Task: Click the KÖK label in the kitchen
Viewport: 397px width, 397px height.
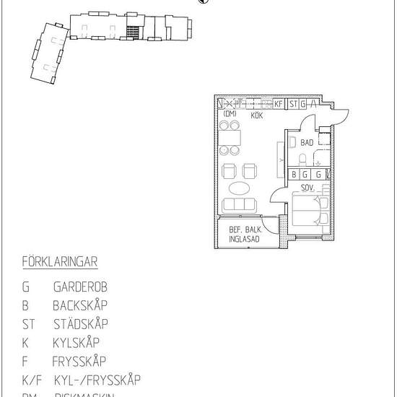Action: tap(256, 115)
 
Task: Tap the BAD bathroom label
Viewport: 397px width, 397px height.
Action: tap(307, 143)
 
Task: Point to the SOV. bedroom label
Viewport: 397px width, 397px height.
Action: tap(307, 186)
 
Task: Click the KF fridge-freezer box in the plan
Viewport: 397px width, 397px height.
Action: tap(279, 104)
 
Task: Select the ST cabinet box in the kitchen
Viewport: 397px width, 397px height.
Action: tap(293, 104)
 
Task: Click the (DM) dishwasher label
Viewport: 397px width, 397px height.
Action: tap(230, 114)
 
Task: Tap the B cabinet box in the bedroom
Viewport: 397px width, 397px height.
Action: tap(294, 174)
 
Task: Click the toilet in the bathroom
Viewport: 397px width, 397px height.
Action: tap(304, 159)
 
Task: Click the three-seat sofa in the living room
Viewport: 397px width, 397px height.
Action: tap(240, 205)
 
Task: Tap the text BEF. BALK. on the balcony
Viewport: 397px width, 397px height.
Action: tap(244, 231)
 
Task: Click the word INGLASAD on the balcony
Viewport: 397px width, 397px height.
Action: tap(244, 240)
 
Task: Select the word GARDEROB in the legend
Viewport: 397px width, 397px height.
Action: tap(80, 287)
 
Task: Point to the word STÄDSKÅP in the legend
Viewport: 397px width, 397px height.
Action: tap(80, 324)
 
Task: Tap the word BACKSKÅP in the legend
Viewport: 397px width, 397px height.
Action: tap(80, 305)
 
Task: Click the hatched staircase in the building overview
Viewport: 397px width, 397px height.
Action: tap(131, 32)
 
